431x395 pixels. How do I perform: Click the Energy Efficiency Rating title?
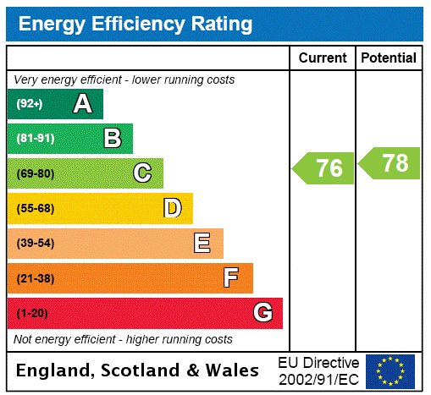tap(135, 25)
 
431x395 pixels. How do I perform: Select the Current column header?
tap(323, 58)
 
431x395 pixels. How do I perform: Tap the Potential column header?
tap(389, 58)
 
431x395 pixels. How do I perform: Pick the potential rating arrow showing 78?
tap(390, 163)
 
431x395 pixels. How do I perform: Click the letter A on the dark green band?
tap(82, 104)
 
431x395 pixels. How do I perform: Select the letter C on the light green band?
tap(142, 173)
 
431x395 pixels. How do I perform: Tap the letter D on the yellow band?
tap(172, 208)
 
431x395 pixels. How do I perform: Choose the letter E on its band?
tap(202, 244)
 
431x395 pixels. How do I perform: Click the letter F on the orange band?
tap(231, 277)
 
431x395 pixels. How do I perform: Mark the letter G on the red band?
tap(262, 313)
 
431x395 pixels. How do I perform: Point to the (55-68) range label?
tap(35, 208)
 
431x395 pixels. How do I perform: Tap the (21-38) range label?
tap(35, 278)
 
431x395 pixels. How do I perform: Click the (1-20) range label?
tap(32, 313)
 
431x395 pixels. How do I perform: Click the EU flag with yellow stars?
tap(390, 370)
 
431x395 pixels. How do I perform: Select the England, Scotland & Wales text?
tap(138, 370)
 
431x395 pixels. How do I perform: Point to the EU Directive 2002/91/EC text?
tap(318, 370)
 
